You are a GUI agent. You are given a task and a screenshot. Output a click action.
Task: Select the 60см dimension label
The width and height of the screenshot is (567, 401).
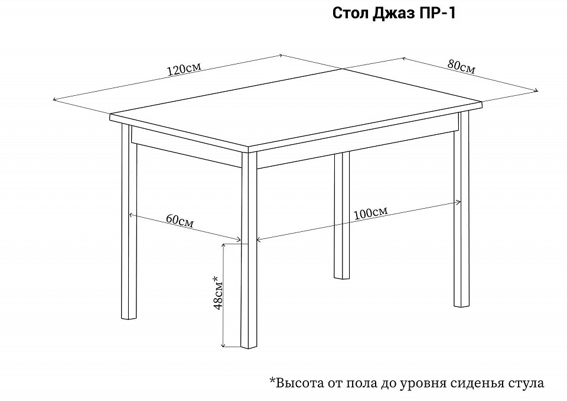pyautogui.click(x=180, y=221)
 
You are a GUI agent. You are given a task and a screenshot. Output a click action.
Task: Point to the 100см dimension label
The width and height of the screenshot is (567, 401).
pyautogui.click(x=371, y=213)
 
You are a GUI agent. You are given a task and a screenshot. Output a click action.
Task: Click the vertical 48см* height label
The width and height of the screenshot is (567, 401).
pyautogui.click(x=217, y=293)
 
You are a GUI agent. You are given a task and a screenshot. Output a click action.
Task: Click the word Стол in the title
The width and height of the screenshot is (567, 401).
pyautogui.click(x=350, y=14)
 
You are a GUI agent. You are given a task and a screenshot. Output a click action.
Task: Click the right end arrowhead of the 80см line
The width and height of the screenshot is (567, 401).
pyautogui.click(x=537, y=90)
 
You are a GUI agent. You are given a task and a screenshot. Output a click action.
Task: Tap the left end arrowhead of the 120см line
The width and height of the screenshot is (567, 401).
pyautogui.click(x=54, y=99)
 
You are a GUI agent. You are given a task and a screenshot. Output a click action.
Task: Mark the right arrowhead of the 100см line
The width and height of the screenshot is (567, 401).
pyautogui.click(x=460, y=202)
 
